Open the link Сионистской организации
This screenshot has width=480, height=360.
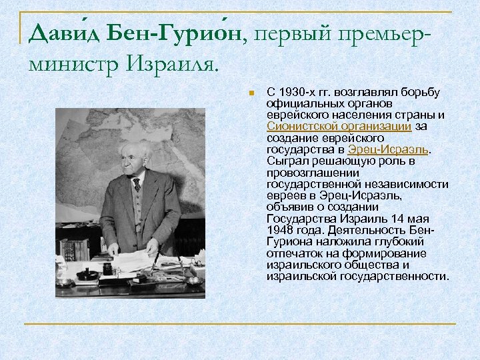pos(339,125)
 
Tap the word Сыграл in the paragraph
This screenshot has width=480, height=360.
pos(285,161)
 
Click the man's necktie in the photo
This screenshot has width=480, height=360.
pos(137,184)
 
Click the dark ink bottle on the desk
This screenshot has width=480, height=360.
pos(107,269)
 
